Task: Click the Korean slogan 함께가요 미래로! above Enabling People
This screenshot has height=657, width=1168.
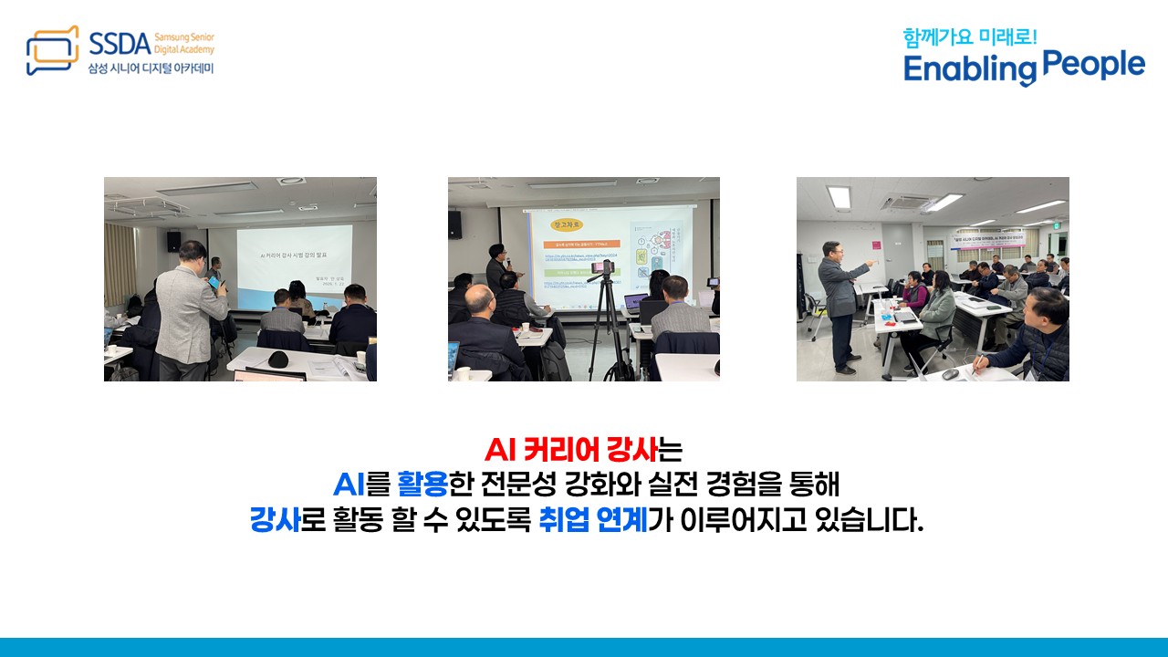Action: pyautogui.click(x=970, y=37)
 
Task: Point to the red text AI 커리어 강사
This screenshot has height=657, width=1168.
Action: pyautogui.click(x=571, y=451)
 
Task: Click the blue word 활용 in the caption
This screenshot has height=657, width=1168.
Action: pyautogui.click(x=423, y=485)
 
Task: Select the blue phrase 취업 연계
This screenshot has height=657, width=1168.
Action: pyautogui.click(x=593, y=520)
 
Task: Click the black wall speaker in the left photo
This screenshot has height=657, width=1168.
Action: pyautogui.click(x=173, y=241)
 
